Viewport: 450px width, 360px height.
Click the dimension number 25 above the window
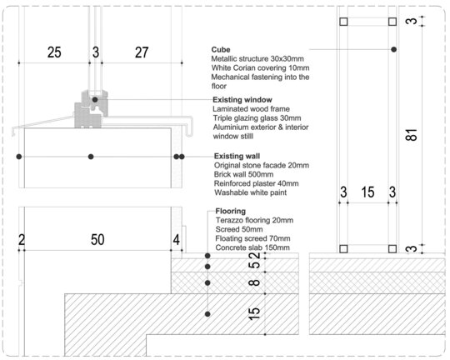54,52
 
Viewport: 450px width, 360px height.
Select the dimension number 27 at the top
142,52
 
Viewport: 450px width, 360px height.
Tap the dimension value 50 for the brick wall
97,240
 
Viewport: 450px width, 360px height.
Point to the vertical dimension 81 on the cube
412,135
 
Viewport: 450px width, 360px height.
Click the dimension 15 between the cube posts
368,192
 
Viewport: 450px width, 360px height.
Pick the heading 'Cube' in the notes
221,50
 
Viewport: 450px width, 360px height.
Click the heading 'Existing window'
242,100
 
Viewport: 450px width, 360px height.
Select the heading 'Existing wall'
237,156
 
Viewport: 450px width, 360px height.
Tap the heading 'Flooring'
231,211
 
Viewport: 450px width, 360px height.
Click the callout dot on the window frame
95,100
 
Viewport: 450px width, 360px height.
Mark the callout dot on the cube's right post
393,50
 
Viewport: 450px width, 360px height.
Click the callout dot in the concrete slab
207,314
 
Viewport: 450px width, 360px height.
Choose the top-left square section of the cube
343,22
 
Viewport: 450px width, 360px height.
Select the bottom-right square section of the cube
392,249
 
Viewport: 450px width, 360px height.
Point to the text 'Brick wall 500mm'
243,174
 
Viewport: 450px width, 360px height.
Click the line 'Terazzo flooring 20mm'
254,221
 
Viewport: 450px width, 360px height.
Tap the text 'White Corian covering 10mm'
260,68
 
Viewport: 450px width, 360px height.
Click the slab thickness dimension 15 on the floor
254,314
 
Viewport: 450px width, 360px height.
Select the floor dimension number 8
254,282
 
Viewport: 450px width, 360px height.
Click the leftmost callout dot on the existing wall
19,157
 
